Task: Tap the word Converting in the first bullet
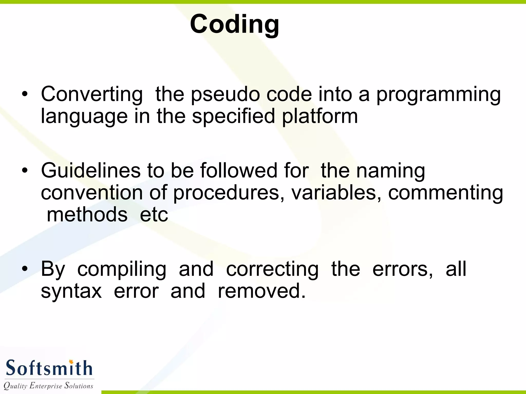point(92,94)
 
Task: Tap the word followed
point(239,171)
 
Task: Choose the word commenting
point(445,193)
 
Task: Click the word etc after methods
point(154,215)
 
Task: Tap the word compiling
point(122,269)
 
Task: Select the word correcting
point(272,269)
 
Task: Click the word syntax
point(71,291)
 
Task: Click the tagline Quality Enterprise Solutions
point(48,386)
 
